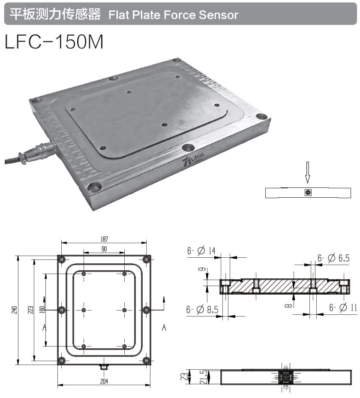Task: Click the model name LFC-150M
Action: click(54, 42)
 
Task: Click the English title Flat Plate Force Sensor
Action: click(173, 15)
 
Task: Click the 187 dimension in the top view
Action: click(104, 239)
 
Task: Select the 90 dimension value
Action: click(104, 249)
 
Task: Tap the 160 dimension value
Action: click(41, 310)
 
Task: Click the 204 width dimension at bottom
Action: click(104, 381)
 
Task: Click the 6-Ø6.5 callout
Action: click(333, 258)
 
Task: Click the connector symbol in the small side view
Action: click(307, 193)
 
